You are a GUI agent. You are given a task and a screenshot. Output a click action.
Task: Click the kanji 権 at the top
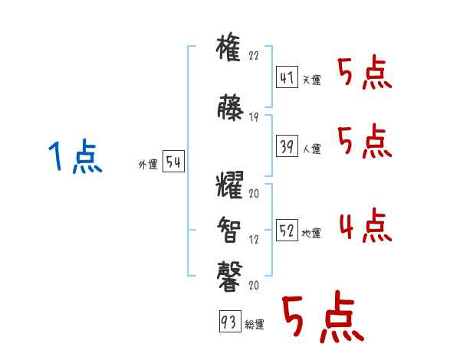[x=230, y=49]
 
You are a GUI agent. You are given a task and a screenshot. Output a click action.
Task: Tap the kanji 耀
[x=230, y=187]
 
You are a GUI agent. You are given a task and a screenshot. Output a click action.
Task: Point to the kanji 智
[x=230, y=227]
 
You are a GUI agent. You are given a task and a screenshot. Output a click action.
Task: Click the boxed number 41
[x=287, y=77]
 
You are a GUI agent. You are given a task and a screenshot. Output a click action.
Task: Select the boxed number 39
[x=287, y=145]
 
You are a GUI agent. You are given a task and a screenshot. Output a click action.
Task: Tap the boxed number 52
[x=287, y=231]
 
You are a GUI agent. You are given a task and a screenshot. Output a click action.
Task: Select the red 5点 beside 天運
[x=364, y=74]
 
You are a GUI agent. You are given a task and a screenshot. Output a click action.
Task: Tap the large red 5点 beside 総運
[x=322, y=318]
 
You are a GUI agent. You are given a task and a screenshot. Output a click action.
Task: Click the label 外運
[x=147, y=164]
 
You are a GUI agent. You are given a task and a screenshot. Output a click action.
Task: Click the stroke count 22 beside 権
[x=255, y=56]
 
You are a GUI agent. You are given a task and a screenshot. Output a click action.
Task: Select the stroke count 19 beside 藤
[x=255, y=116]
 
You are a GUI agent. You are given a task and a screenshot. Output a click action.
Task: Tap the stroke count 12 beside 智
[x=255, y=239]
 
